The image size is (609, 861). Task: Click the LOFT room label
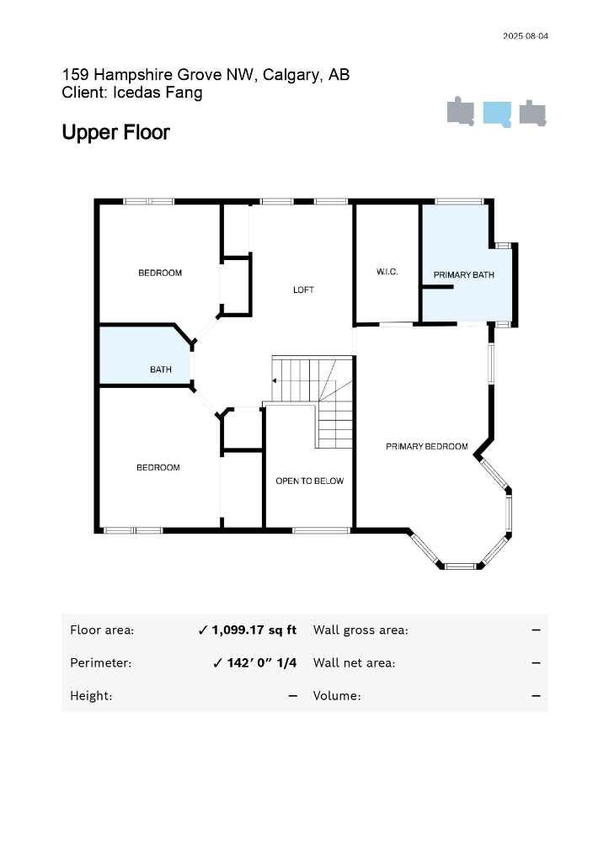[303, 290]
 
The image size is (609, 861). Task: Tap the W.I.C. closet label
[387, 272]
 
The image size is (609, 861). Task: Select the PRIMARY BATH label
[463, 275]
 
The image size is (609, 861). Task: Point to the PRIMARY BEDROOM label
[426, 446]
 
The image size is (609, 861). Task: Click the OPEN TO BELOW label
[309, 481]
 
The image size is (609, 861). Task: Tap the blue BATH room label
[160, 369]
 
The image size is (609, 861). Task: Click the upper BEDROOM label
[160, 273]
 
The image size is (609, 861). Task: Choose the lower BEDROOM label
[158, 467]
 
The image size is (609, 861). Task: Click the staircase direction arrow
[274, 380]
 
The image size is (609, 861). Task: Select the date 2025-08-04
[526, 36]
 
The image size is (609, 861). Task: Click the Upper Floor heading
[115, 133]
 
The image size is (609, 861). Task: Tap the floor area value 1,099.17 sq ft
[254, 630]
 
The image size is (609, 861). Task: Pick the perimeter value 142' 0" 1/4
[261, 662]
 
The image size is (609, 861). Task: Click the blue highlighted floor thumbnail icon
[497, 113]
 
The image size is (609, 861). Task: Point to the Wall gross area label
[361, 630]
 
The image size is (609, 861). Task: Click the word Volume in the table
[336, 695]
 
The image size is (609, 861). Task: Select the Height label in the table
[91, 695]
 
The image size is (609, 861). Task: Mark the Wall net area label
[354, 662]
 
